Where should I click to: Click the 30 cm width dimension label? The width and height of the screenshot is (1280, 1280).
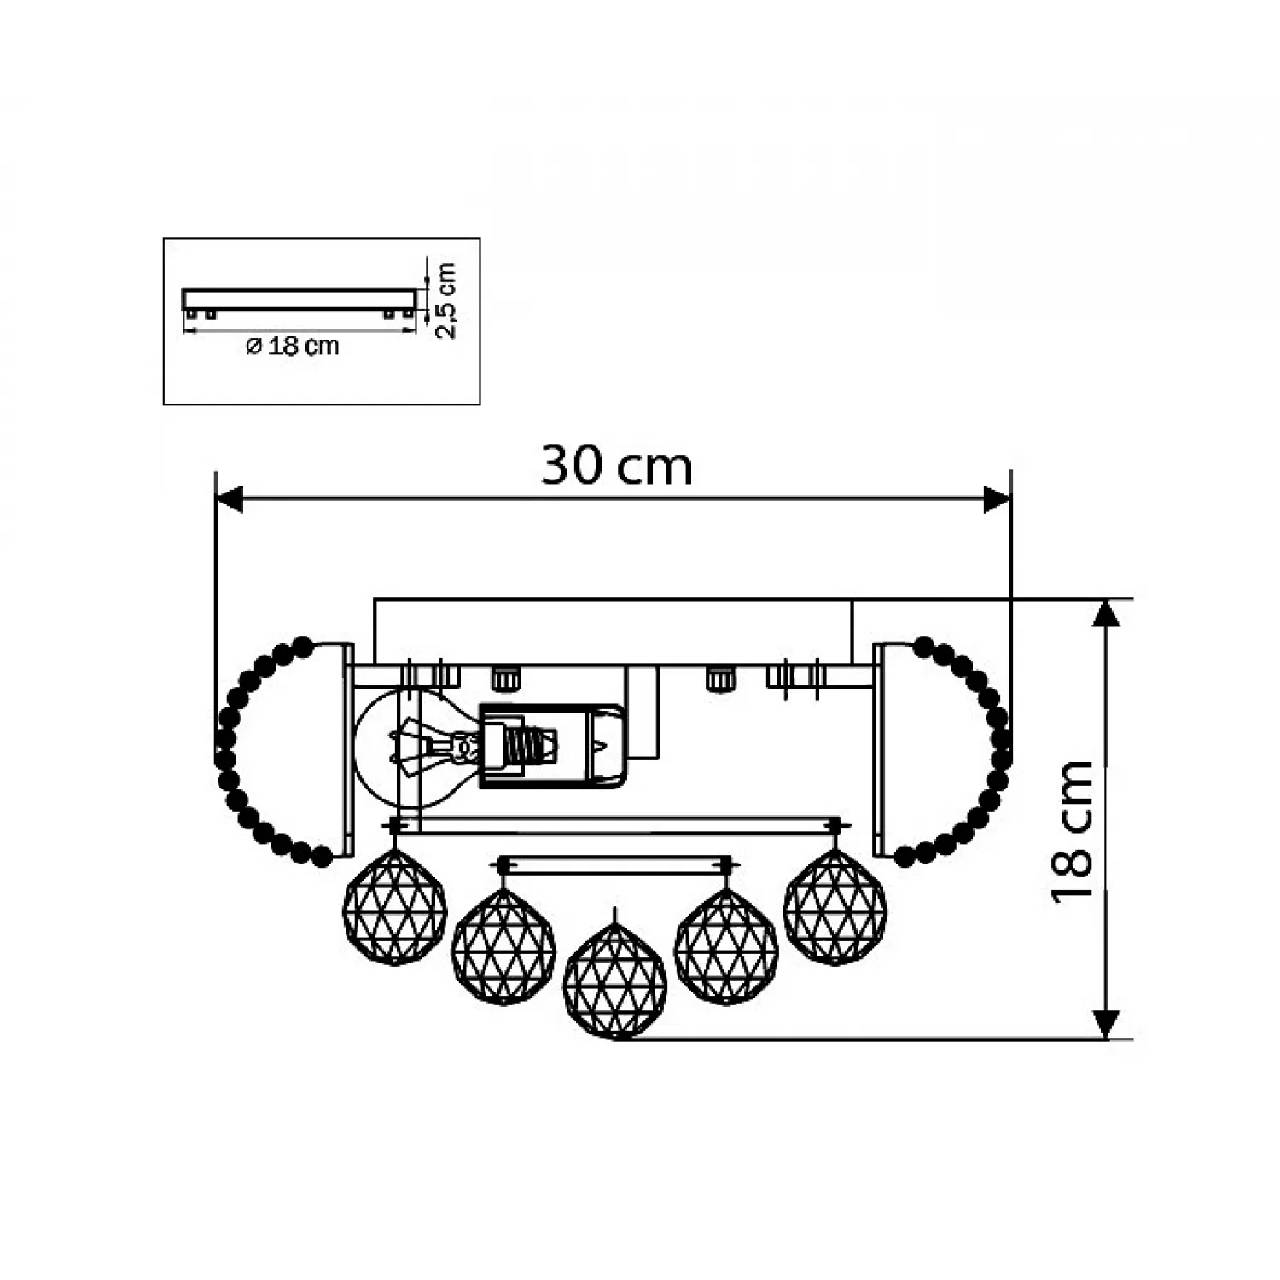616,466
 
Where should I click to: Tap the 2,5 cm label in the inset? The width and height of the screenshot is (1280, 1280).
445,300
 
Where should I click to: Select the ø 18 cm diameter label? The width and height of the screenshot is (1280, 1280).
293,346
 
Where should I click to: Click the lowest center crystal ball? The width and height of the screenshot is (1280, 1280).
615,981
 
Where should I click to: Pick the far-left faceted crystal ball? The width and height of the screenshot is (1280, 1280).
394,907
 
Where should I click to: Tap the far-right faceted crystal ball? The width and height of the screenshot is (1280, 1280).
835,907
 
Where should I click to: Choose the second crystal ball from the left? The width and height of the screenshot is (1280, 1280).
503,945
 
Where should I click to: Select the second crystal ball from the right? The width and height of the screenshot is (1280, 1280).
726,945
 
